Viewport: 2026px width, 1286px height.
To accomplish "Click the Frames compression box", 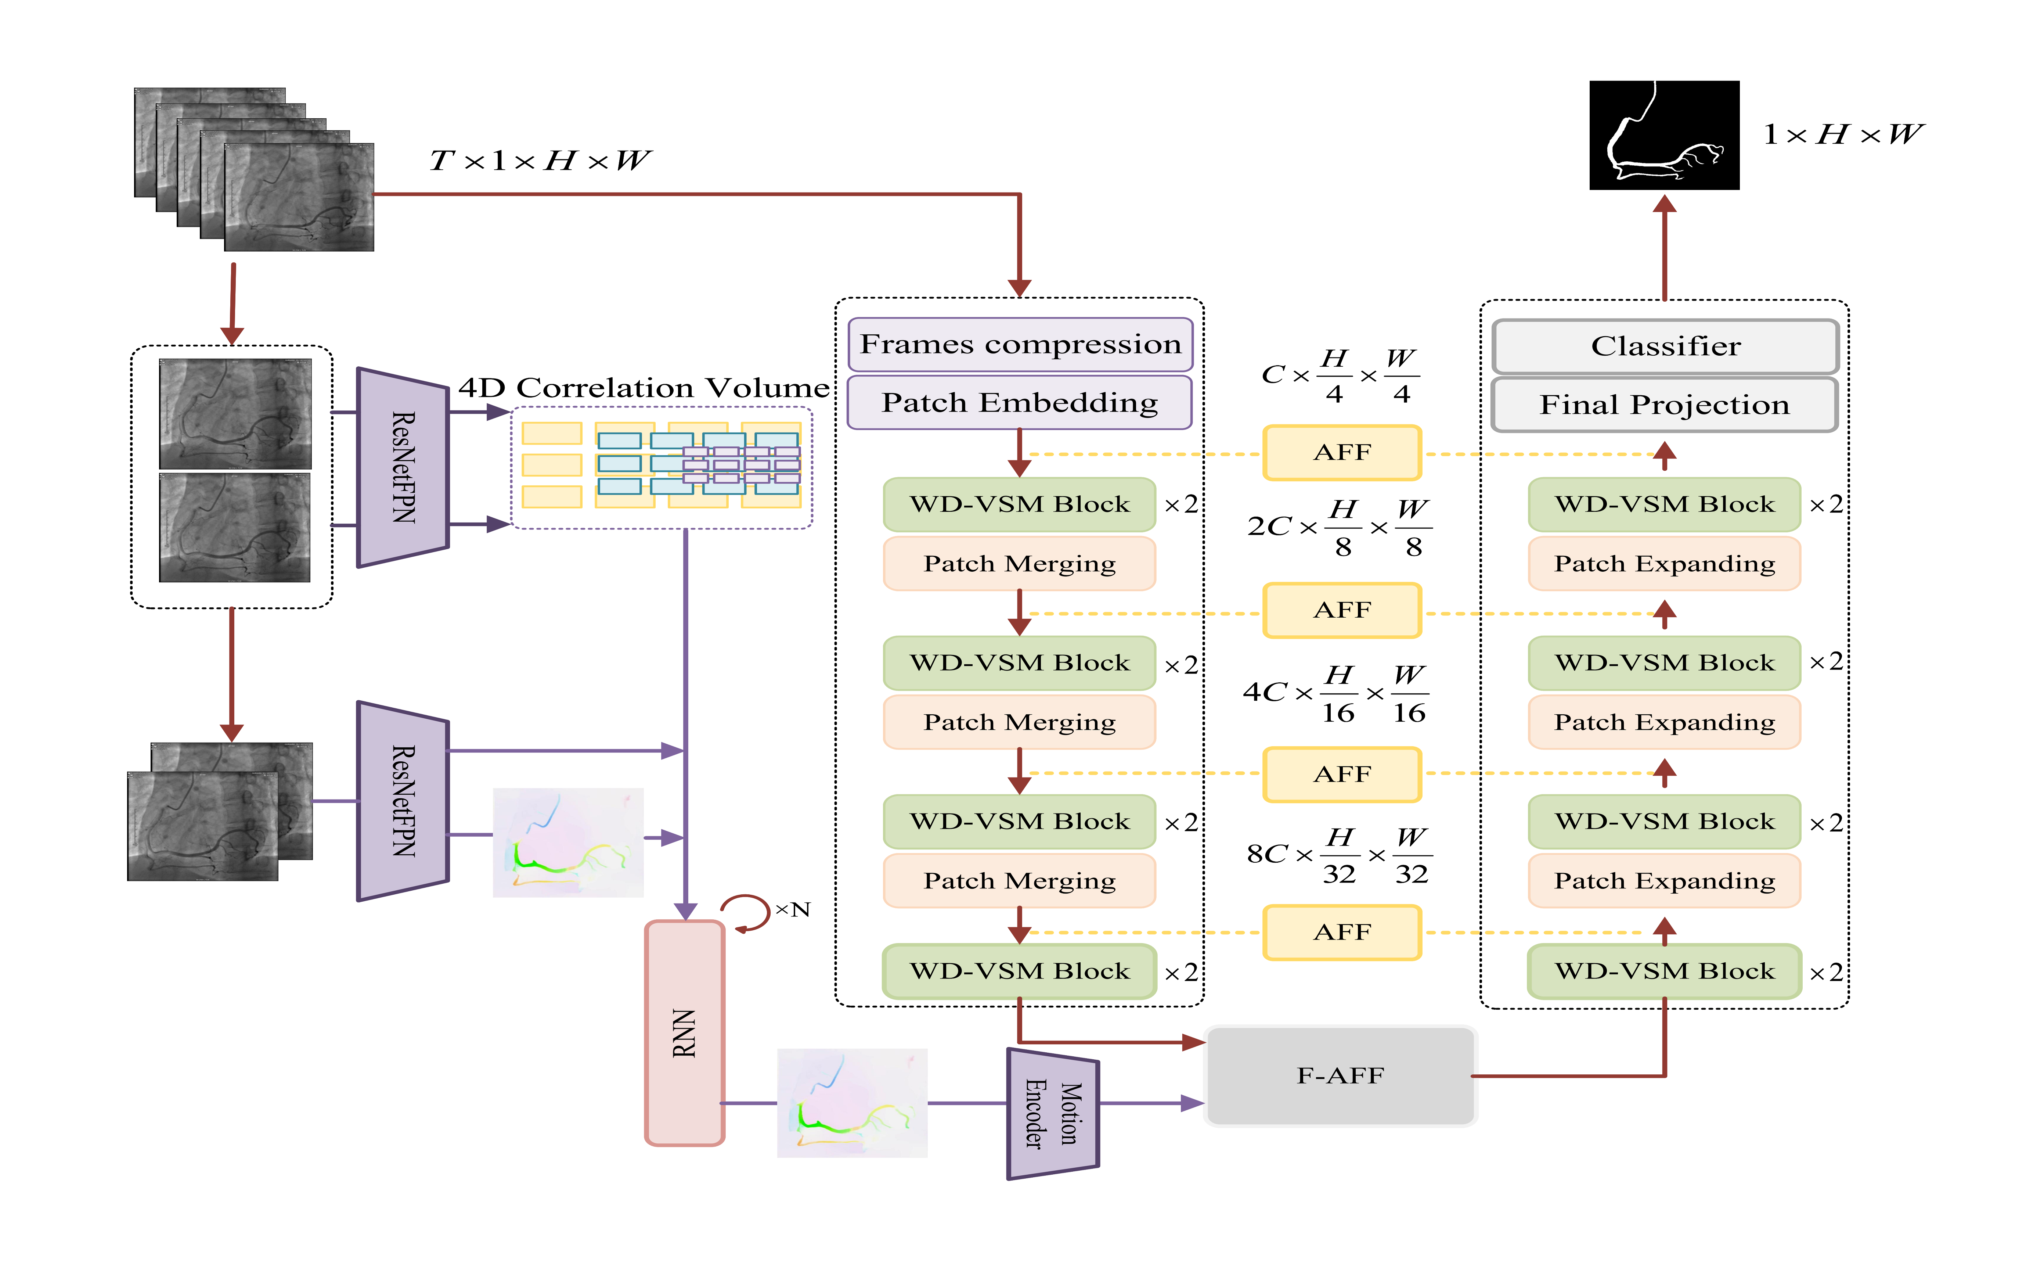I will (1020, 344).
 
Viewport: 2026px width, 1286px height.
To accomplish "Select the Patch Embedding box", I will (1020, 402).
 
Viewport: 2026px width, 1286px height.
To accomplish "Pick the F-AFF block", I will (1340, 1075).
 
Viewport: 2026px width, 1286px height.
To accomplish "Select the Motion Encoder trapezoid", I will (1053, 1113).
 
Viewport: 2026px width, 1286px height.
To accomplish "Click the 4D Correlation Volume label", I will (644, 388).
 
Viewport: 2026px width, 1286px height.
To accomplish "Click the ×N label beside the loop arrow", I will (793, 910).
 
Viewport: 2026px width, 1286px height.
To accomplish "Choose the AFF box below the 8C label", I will (1342, 933).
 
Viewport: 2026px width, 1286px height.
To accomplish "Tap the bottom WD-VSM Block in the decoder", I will (1664, 971).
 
